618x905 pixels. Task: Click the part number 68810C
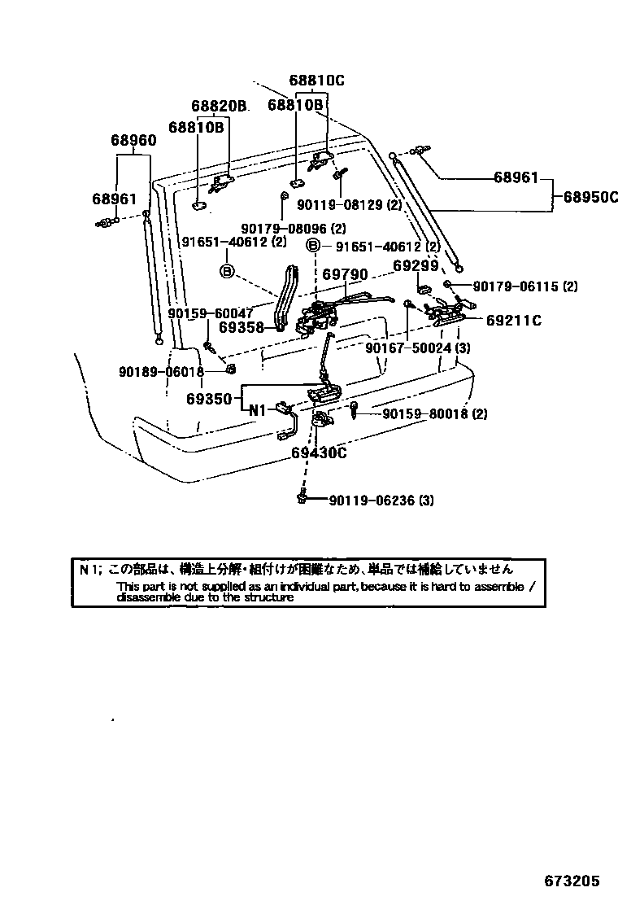click(316, 80)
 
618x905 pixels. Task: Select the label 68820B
click(219, 106)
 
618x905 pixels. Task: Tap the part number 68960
click(133, 140)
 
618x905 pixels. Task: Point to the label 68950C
click(591, 196)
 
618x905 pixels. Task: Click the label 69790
click(345, 276)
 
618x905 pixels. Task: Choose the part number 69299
click(416, 265)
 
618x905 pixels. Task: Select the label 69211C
click(514, 320)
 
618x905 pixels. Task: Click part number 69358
click(241, 328)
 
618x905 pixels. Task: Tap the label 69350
click(211, 399)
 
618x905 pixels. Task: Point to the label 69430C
click(319, 452)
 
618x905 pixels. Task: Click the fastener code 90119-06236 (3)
click(381, 501)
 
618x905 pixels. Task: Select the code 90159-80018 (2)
click(435, 414)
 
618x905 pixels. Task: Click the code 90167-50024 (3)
click(418, 348)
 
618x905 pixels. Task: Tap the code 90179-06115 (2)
click(525, 286)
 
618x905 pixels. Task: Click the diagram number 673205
click(572, 882)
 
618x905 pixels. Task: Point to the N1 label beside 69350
click(258, 410)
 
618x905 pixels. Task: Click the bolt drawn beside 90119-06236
click(302, 497)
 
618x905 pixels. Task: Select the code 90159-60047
click(211, 313)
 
